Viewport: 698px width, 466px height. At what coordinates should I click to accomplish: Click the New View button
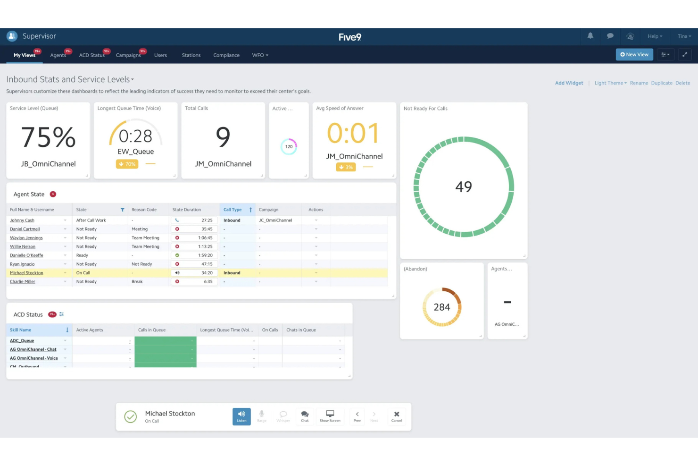pyautogui.click(x=634, y=55)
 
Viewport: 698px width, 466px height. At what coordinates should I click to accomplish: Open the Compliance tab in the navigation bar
pyautogui.click(x=226, y=55)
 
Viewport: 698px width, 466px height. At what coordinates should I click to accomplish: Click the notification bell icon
pyautogui.click(x=590, y=36)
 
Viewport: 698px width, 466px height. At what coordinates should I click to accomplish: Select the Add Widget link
pyautogui.click(x=569, y=83)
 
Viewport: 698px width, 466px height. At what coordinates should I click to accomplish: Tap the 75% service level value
pyautogui.click(x=48, y=137)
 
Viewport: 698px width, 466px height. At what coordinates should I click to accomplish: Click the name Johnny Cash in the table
pyautogui.click(x=22, y=220)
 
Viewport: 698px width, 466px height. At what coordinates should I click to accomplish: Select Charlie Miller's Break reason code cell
pyautogui.click(x=137, y=282)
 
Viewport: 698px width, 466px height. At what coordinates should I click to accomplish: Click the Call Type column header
pyautogui.click(x=233, y=210)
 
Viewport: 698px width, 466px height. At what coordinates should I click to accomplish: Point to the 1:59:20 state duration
pyautogui.click(x=205, y=255)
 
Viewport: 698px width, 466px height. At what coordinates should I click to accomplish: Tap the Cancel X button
pyautogui.click(x=396, y=416)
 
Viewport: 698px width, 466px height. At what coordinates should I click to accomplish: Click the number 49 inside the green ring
pyautogui.click(x=463, y=187)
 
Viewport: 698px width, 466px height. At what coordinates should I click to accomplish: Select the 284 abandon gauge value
pyautogui.click(x=441, y=307)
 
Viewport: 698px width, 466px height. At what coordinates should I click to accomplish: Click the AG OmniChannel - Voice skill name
pyautogui.click(x=34, y=358)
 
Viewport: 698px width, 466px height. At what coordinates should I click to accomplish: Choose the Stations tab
pyautogui.click(x=191, y=55)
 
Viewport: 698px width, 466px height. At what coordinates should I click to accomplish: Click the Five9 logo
pyautogui.click(x=349, y=37)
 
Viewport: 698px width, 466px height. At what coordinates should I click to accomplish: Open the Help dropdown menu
pyautogui.click(x=654, y=36)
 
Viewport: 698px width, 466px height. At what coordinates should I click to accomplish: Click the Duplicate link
pyautogui.click(x=661, y=83)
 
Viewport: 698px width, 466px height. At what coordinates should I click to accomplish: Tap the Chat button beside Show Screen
pyautogui.click(x=305, y=416)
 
